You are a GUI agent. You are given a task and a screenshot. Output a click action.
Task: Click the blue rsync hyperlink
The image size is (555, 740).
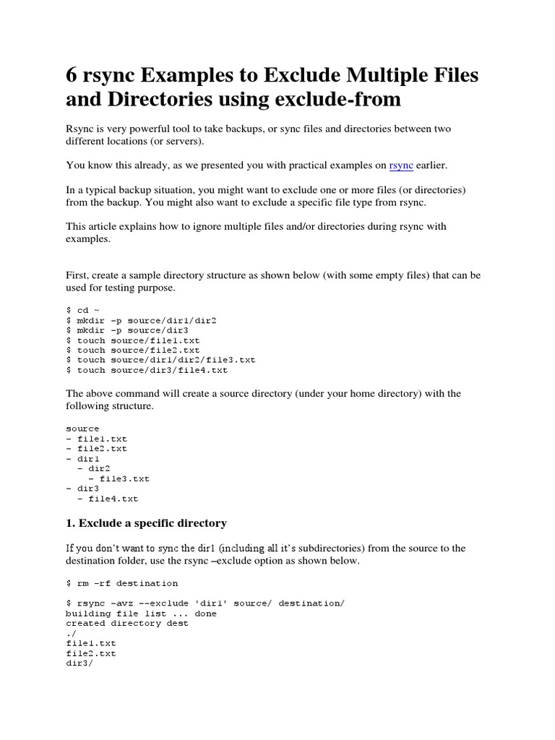[x=401, y=165]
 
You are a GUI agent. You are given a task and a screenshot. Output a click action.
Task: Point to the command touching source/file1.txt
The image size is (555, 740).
[x=133, y=340]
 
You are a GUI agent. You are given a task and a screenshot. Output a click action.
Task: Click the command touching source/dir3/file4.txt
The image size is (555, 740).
[x=147, y=370]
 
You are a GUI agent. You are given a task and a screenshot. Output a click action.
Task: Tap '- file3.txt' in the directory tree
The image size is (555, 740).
[x=119, y=478]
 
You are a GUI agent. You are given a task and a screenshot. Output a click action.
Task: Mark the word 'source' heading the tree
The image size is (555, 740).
[x=82, y=429]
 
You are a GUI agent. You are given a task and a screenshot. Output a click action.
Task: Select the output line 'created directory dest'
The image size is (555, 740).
[x=127, y=623]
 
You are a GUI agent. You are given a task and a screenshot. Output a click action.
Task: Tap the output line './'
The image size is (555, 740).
[x=70, y=633]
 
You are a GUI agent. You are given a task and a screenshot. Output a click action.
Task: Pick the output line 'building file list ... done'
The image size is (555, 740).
[x=141, y=614]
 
